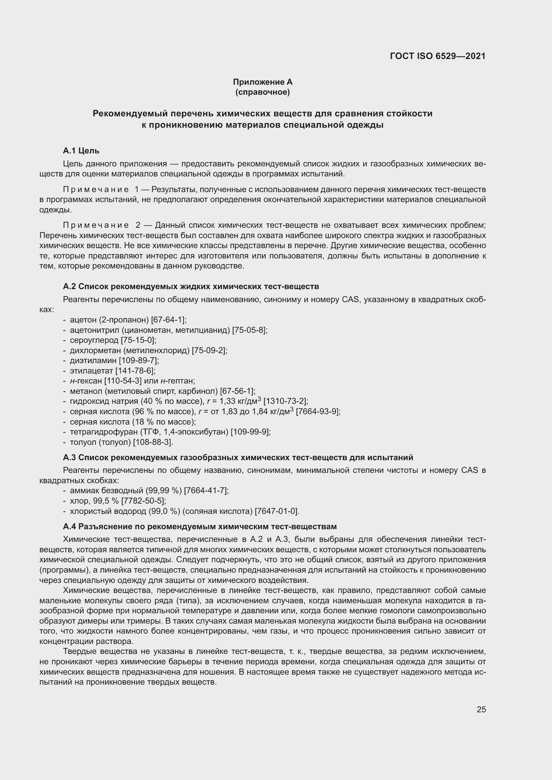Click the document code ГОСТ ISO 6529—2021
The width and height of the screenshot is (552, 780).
[x=438, y=56]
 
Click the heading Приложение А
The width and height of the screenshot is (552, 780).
[x=262, y=82]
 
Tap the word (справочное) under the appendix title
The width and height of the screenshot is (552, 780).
[x=262, y=92]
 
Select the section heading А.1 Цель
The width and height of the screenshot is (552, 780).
[x=81, y=150]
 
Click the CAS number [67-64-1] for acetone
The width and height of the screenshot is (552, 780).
[x=169, y=320]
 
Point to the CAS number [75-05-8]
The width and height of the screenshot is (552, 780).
[x=250, y=330]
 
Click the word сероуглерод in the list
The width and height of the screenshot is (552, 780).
[x=94, y=340]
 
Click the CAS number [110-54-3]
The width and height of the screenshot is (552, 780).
[x=123, y=381]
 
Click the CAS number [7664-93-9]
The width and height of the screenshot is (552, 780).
[x=318, y=412]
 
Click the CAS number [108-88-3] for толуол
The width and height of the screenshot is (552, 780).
[x=153, y=442]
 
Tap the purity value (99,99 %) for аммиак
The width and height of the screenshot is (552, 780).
[x=164, y=490]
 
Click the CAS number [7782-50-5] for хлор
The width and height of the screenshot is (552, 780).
[x=144, y=501]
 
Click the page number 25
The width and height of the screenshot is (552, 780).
[x=481, y=709]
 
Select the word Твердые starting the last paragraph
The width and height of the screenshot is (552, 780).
[x=77, y=651]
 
